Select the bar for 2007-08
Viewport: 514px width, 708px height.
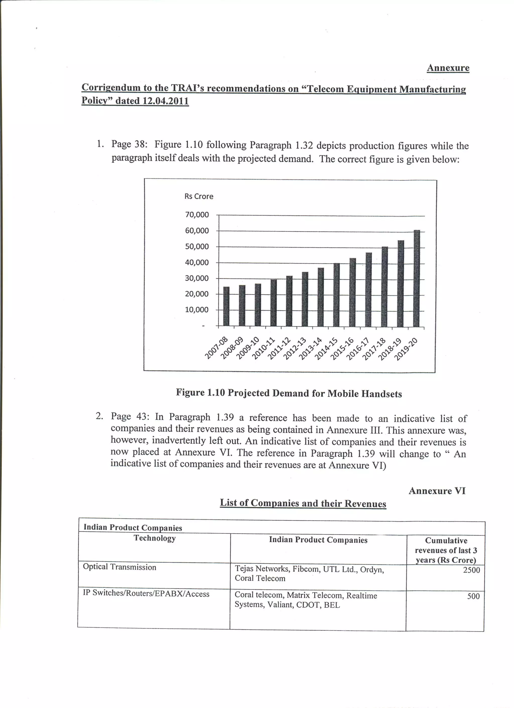click(x=226, y=306)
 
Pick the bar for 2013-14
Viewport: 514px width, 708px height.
click(x=320, y=297)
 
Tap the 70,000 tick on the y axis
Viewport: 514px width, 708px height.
click(x=197, y=215)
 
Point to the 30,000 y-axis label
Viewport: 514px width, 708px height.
click(x=197, y=278)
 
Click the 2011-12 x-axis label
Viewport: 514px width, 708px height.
click(x=279, y=348)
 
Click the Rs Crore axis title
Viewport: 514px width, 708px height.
click(x=199, y=196)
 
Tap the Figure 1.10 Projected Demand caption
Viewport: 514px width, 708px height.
click(x=289, y=393)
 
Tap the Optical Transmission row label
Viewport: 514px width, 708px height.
click(x=119, y=567)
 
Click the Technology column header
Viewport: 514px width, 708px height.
click(x=155, y=538)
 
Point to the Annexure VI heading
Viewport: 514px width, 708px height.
click(x=437, y=491)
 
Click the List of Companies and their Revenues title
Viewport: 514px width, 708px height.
click(x=303, y=503)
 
